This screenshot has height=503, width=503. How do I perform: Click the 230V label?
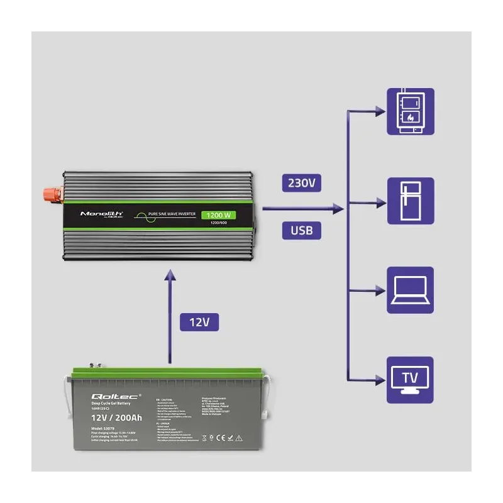pyautogui.click(x=301, y=184)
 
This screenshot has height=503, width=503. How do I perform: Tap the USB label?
pyautogui.click(x=301, y=230)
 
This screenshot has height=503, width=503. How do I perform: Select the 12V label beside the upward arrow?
pyautogui.click(x=199, y=322)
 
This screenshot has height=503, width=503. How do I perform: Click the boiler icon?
pyautogui.click(x=410, y=111)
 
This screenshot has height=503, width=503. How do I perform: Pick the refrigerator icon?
pyautogui.click(x=410, y=201)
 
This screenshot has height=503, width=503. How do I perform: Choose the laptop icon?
pyautogui.click(x=410, y=290)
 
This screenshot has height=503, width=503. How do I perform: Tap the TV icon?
pyautogui.click(x=410, y=379)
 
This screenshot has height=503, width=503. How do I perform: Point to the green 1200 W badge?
pyautogui.click(x=218, y=216)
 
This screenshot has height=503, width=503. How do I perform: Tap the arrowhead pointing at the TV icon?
pyautogui.click(x=380, y=379)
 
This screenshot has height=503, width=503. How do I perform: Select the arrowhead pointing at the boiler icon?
pyautogui.click(x=380, y=111)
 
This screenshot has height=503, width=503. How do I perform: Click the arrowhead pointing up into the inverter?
pyautogui.click(x=169, y=275)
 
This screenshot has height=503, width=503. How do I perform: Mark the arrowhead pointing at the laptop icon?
pyautogui.click(x=380, y=290)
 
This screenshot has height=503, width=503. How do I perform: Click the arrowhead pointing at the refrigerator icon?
pyautogui.click(x=380, y=202)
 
